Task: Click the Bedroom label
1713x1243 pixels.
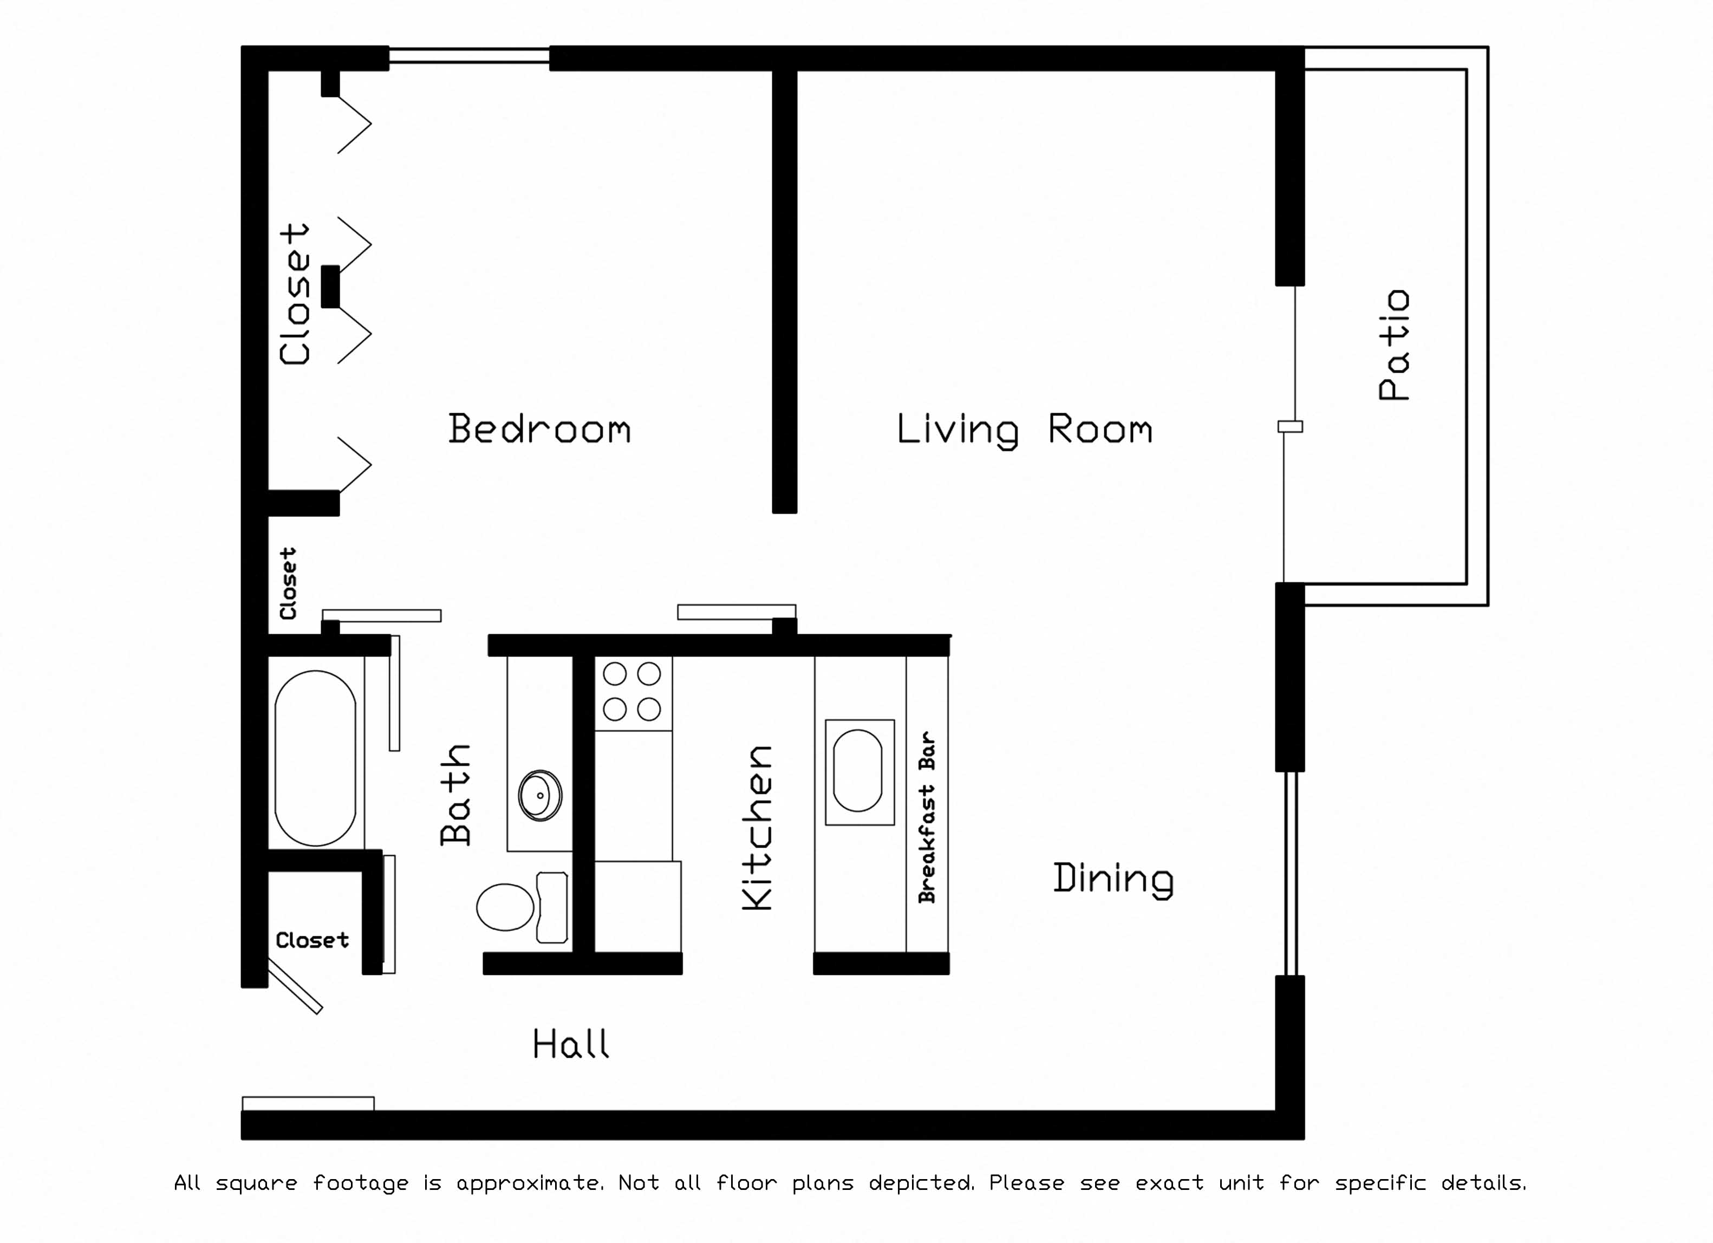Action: [539, 429]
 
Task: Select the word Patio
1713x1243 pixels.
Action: [1394, 344]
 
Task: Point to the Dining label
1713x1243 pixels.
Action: [1113, 879]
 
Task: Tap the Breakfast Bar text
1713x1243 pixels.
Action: [927, 817]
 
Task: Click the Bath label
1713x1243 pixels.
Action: [455, 795]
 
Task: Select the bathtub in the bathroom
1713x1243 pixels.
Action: [316, 758]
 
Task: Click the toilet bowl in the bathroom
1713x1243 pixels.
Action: [505, 907]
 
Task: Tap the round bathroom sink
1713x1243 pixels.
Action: [540, 795]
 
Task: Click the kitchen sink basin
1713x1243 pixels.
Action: [857, 770]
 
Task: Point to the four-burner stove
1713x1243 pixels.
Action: [633, 692]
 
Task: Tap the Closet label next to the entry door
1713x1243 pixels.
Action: [312, 940]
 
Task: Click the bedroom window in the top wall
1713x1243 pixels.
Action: [469, 55]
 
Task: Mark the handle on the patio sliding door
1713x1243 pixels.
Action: [1290, 427]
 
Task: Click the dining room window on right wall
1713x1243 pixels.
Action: [1291, 874]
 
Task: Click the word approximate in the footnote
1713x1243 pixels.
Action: [529, 1182]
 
